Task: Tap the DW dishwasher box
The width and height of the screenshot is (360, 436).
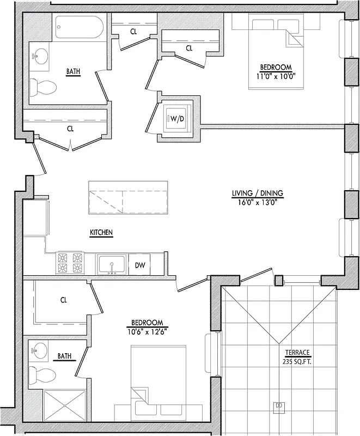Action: [x=139, y=265]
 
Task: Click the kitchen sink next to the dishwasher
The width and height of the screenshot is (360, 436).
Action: [x=112, y=264]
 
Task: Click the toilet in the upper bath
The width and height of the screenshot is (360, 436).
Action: [x=42, y=86]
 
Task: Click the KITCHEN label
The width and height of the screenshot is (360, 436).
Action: [x=101, y=233]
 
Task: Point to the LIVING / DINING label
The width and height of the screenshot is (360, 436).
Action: [x=258, y=193]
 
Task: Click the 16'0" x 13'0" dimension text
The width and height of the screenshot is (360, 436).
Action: [x=258, y=202]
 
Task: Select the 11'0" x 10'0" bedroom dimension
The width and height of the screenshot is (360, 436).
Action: [x=275, y=76]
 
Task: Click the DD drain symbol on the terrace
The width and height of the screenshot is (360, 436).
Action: [x=279, y=405]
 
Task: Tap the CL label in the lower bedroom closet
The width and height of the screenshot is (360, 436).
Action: [x=64, y=300]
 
